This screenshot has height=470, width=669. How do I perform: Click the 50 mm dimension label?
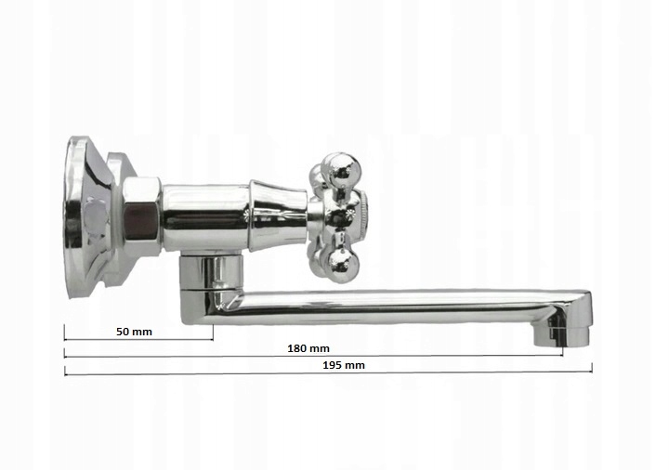point(134,332)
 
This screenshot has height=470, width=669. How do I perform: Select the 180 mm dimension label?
point(308,348)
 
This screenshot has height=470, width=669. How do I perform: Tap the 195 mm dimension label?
point(344,366)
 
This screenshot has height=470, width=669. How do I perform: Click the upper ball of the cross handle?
point(341,169)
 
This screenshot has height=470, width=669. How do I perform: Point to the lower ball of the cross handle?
point(340,260)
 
